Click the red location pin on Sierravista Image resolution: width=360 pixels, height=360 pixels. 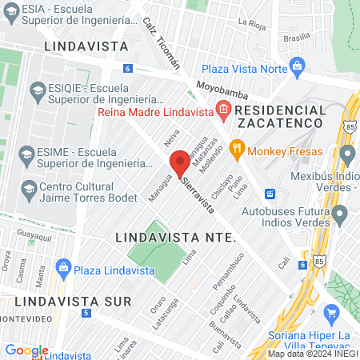click(182, 162)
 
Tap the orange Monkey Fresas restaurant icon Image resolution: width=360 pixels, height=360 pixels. click(236, 150)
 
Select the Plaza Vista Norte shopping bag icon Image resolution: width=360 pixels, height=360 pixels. click(298, 67)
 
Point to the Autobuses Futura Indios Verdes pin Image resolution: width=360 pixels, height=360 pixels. click(340, 214)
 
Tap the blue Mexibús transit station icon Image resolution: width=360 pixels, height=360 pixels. click(270, 194)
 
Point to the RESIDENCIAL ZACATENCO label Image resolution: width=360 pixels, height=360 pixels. click(282, 117)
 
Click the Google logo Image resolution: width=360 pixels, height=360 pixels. click(26, 350)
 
